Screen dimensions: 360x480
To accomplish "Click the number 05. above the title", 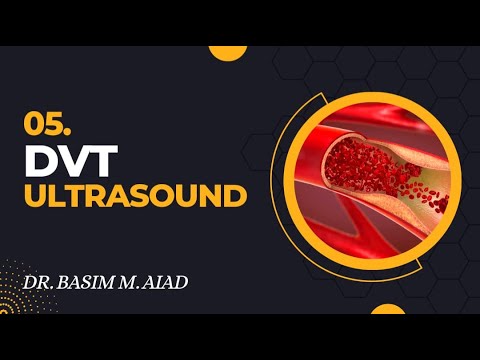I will coord(44,123).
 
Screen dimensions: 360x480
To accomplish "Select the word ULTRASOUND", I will coord(134,194).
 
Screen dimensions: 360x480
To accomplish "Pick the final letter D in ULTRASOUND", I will coord(236,194).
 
